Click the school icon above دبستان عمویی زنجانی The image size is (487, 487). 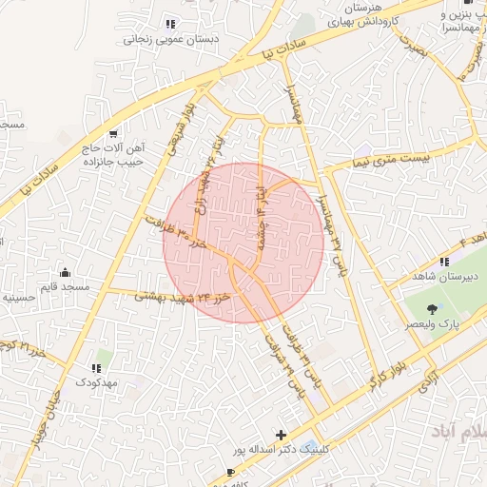[170, 24]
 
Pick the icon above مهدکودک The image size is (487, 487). [95, 367]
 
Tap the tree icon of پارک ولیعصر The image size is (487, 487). [434, 308]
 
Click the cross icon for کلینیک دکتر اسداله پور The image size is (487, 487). [279, 433]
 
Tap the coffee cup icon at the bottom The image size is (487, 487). [230, 472]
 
